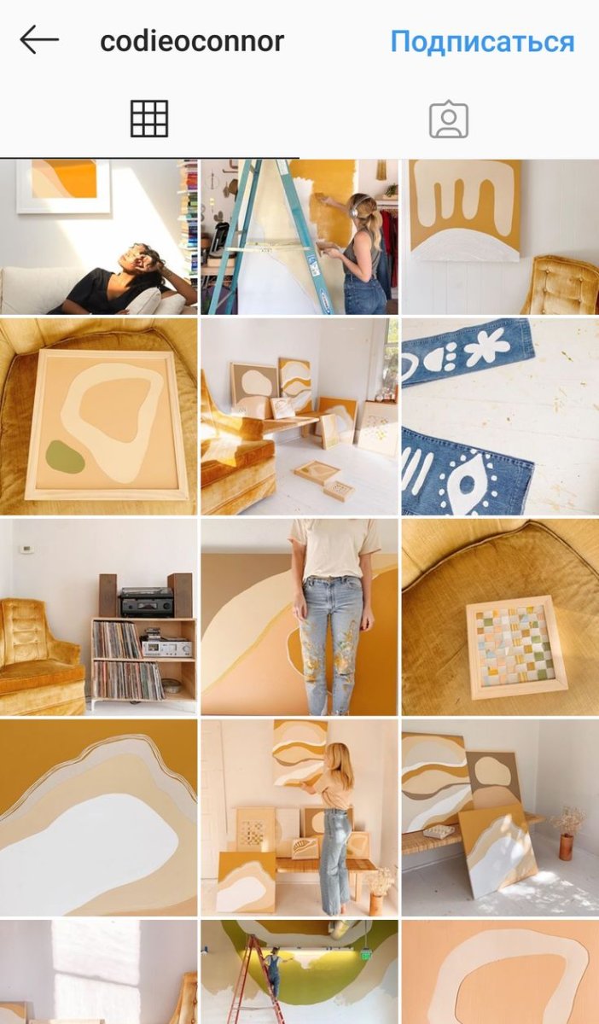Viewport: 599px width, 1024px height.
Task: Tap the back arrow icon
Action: (x=39, y=40)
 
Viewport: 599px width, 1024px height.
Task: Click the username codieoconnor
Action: (x=192, y=41)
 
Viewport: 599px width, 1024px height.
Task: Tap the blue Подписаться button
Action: (x=482, y=41)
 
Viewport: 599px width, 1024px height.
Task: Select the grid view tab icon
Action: (x=149, y=119)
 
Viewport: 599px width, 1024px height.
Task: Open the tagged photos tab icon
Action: (x=449, y=119)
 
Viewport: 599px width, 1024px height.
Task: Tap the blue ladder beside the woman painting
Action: (x=275, y=238)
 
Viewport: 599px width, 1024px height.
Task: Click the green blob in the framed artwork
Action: (x=65, y=457)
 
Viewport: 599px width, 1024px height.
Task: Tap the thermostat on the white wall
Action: (x=27, y=548)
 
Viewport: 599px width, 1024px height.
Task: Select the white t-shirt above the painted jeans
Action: (x=334, y=549)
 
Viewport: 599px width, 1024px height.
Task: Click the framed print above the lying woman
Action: (x=63, y=185)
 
